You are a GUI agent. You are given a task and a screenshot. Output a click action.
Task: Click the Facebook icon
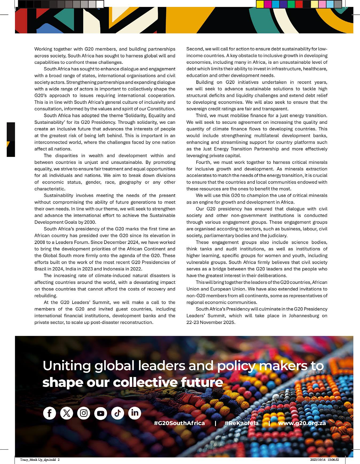pos(50,413)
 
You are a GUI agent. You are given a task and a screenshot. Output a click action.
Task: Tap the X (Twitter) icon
pos(66,413)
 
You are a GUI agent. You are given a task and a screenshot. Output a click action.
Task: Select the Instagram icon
pos(84,413)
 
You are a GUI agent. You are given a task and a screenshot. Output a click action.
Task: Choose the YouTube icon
pos(101,413)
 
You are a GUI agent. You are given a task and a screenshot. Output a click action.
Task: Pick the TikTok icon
pos(118,413)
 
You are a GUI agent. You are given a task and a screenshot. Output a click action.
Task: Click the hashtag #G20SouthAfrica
pos(179,423)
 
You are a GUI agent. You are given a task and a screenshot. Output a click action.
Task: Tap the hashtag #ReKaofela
pos(242,423)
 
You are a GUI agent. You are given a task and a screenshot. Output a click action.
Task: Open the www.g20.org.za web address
pos(302,423)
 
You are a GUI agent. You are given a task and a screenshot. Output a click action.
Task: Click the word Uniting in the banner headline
pos(66,366)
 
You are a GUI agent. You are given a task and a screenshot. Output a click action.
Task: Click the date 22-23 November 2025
pos(211,322)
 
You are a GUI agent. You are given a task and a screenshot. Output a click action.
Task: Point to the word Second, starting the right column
pos(195,49)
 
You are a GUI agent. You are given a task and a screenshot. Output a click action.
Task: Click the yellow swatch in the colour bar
pos(260,4)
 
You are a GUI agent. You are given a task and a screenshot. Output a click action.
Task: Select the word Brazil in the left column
pos(40,269)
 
